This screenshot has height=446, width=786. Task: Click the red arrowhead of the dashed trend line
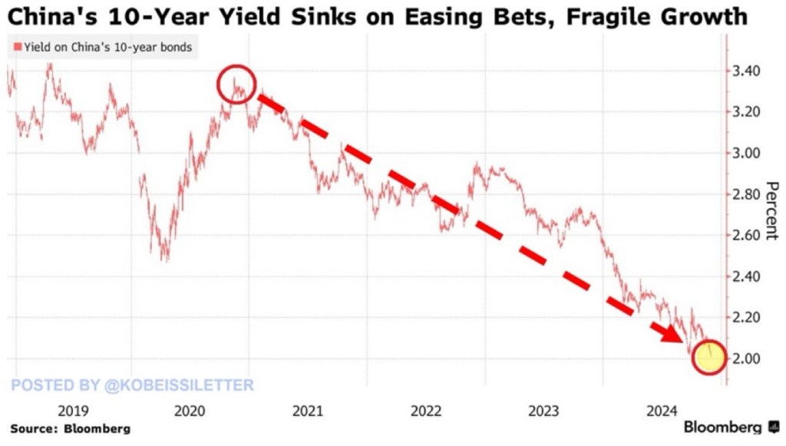(673, 334)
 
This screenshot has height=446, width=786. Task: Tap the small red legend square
(17, 48)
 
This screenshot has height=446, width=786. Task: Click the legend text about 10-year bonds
(107, 48)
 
